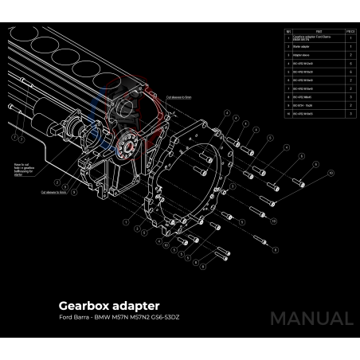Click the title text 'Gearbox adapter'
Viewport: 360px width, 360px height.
tap(109, 306)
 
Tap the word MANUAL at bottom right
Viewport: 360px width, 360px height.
tap(311, 319)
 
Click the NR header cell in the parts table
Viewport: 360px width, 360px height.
tap(288, 31)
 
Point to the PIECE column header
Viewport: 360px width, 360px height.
tap(350, 31)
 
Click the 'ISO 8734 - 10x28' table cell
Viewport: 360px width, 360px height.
tap(306, 104)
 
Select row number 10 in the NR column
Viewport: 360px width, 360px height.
tap(288, 114)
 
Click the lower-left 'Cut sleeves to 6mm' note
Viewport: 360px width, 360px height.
tap(54, 192)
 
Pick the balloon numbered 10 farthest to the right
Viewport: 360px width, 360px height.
tap(330, 172)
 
